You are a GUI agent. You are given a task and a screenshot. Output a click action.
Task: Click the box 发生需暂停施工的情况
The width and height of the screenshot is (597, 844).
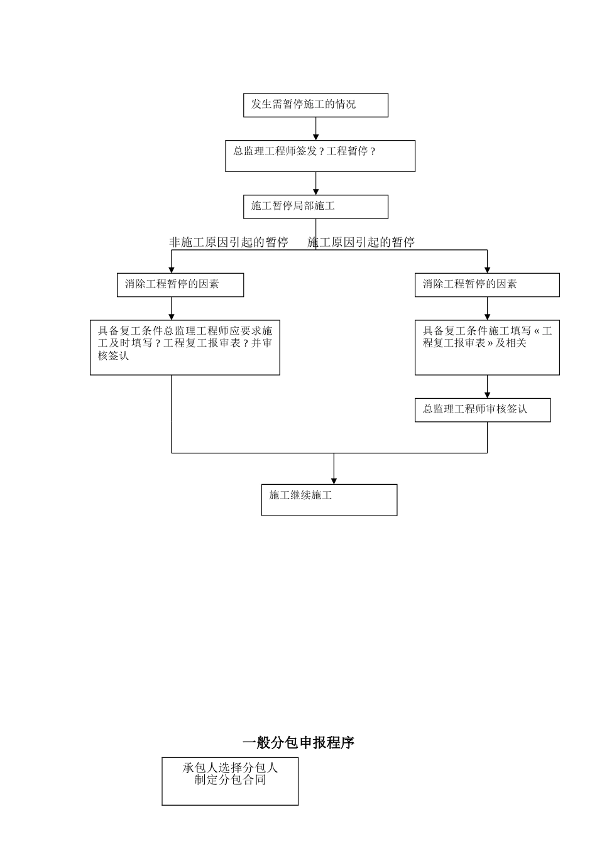click(x=315, y=105)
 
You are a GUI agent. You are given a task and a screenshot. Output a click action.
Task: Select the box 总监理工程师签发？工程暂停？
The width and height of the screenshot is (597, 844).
click(x=320, y=156)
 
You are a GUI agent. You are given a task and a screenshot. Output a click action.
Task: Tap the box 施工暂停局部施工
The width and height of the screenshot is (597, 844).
click(x=315, y=207)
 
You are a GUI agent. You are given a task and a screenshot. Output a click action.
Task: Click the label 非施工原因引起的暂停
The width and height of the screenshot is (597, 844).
click(x=229, y=242)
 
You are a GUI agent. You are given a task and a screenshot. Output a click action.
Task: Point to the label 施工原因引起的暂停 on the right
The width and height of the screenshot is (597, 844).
click(x=361, y=242)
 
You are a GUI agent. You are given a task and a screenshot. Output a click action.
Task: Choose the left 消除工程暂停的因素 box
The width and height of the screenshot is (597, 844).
click(x=180, y=285)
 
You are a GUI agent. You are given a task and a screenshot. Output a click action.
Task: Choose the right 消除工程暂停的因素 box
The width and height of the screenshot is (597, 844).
click(x=487, y=285)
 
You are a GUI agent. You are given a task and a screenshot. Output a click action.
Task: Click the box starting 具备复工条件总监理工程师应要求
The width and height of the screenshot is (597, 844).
click(x=185, y=347)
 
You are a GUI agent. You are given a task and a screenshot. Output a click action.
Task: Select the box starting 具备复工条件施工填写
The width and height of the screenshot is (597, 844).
click(x=487, y=347)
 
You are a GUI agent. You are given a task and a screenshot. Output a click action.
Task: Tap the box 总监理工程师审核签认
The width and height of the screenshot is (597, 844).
click(x=483, y=410)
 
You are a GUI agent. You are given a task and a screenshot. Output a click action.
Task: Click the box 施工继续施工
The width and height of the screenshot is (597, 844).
click(x=329, y=500)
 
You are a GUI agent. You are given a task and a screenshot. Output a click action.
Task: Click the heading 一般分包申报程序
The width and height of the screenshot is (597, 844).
click(x=298, y=743)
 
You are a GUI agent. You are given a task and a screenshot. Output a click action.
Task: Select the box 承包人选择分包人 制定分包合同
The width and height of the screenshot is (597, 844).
click(x=230, y=781)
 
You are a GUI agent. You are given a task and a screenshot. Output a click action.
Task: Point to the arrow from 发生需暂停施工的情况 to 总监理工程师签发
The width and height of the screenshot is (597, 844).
click(x=316, y=129)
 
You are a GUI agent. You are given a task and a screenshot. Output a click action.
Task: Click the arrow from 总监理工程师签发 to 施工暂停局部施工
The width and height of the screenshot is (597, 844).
click(x=316, y=183)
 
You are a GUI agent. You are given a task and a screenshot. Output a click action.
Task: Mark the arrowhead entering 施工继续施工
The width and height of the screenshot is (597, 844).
click(x=334, y=480)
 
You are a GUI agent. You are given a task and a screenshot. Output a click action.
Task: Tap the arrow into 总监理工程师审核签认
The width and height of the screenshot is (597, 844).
click(x=487, y=387)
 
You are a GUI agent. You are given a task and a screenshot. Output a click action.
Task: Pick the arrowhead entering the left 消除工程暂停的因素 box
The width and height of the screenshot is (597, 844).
click(x=172, y=269)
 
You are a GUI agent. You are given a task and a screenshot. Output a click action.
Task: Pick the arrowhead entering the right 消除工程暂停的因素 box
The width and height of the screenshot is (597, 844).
click(x=487, y=269)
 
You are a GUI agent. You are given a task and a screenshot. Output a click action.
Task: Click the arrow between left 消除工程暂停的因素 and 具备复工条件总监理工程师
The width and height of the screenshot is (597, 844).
click(x=172, y=309)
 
